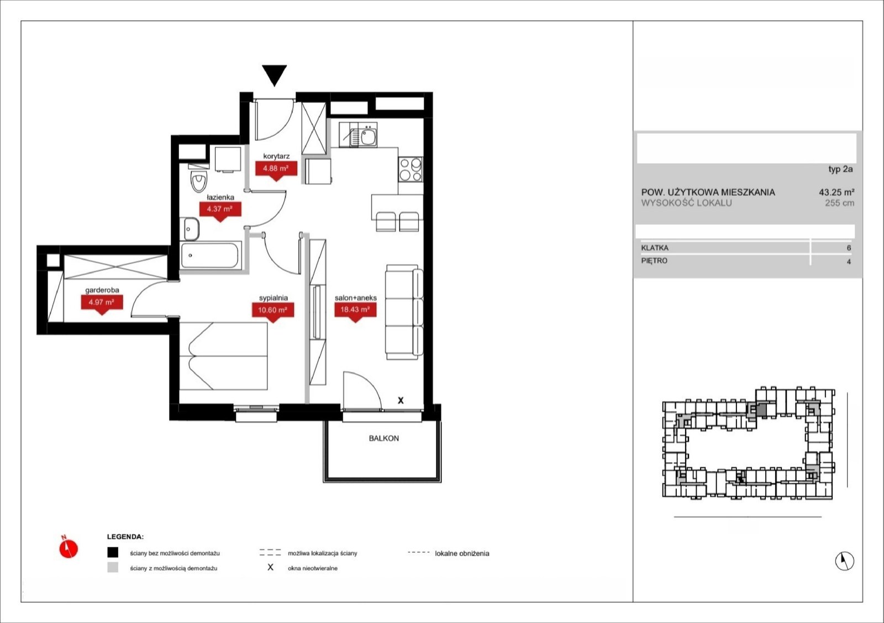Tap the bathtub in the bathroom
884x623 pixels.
click(211, 255)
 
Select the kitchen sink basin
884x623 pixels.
click(369, 137)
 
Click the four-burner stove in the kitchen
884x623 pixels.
click(411, 169)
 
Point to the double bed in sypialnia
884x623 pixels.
click(223, 356)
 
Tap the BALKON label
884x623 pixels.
click(383, 438)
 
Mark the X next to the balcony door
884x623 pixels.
click(401, 401)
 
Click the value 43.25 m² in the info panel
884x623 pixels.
click(836, 192)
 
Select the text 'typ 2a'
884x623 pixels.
click(840, 169)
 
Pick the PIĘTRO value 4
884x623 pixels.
click(849, 262)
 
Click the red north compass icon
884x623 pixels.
click(69, 548)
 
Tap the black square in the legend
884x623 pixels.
click(113, 552)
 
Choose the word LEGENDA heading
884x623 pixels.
click(125, 537)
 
